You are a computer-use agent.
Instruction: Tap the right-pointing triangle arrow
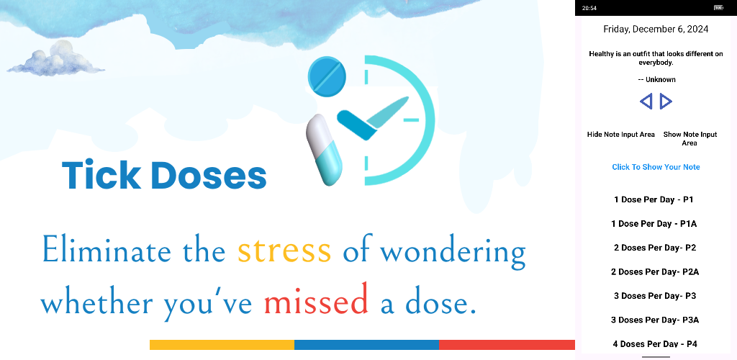(666, 101)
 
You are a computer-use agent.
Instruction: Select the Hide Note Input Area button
(621, 135)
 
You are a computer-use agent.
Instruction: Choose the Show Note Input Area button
(690, 139)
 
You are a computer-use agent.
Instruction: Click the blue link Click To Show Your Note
(656, 167)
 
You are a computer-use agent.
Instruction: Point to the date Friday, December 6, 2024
(656, 29)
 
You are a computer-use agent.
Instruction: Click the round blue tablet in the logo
(327, 75)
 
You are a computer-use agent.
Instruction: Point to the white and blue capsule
(325, 150)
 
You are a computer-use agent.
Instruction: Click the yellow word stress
(284, 251)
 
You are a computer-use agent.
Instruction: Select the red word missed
(316, 300)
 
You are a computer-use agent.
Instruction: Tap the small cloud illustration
(55, 60)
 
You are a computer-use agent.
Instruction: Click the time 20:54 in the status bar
(589, 8)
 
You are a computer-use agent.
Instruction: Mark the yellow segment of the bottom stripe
(222, 345)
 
